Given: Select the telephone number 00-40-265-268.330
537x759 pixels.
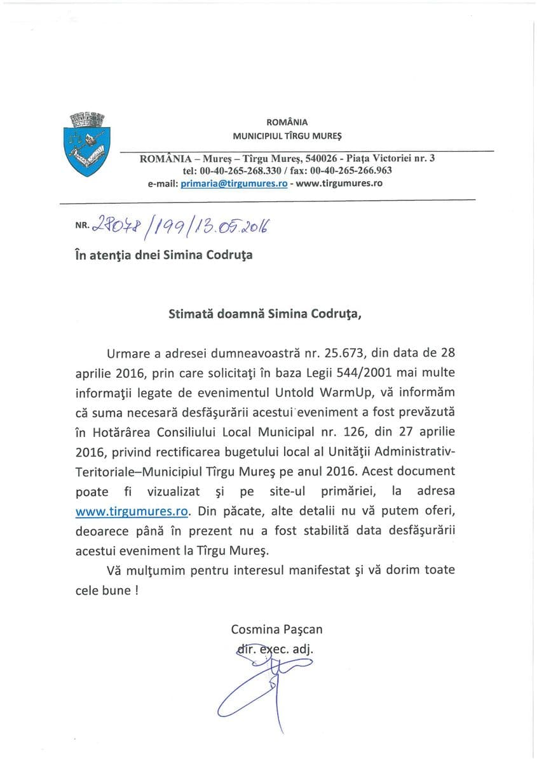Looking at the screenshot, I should pyautogui.click(x=242, y=170).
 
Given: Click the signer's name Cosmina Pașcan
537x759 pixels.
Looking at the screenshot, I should pyautogui.click(x=277, y=629).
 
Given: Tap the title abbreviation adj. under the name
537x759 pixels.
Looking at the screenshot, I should pyautogui.click(x=303, y=649).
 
